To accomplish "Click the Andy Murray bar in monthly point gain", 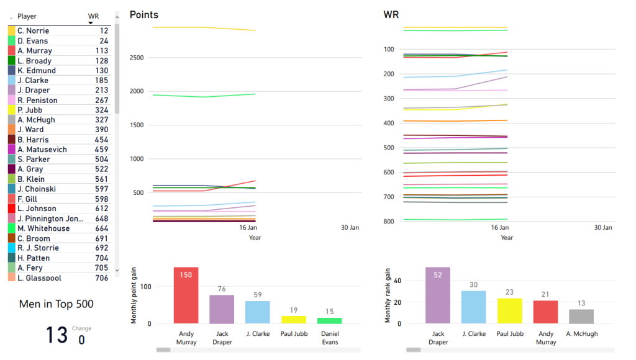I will pos(186,295).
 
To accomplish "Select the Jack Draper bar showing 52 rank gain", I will pos(438,295).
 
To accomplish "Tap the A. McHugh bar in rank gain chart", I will pos(581,316).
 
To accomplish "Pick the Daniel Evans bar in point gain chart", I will pos(330,320).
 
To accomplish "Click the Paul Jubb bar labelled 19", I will pos(294,320).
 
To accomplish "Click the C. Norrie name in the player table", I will pos(33,31).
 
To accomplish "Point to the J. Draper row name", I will pos(34,91).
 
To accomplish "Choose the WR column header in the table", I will pos(93,16).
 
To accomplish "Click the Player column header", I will pos(27,16).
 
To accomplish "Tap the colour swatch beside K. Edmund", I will pos(12,71).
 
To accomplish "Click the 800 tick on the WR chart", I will pos(389,222).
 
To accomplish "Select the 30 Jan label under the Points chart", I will pos(350,228).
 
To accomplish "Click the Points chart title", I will pos(143,15).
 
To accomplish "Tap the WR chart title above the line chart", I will pos(391,15).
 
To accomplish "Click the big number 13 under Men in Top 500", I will pos(56,335).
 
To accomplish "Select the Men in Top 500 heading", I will pos(57,304).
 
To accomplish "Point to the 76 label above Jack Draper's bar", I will pos(222,289).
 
